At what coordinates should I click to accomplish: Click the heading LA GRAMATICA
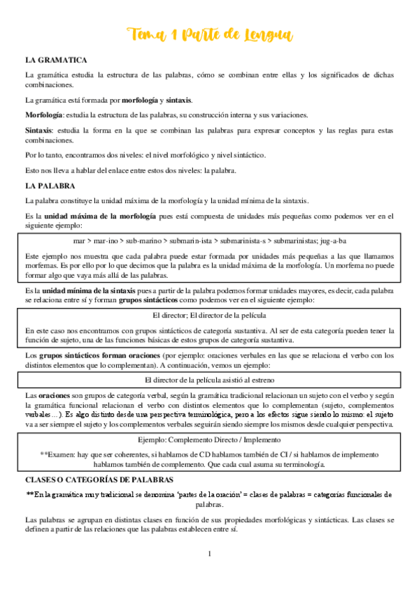[x=56, y=61]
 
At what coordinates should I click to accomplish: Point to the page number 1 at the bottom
[x=210, y=554]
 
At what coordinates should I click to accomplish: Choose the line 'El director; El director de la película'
[x=210, y=315]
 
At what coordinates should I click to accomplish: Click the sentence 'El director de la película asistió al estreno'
[x=210, y=380]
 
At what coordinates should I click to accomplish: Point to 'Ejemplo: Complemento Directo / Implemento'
[x=210, y=440]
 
